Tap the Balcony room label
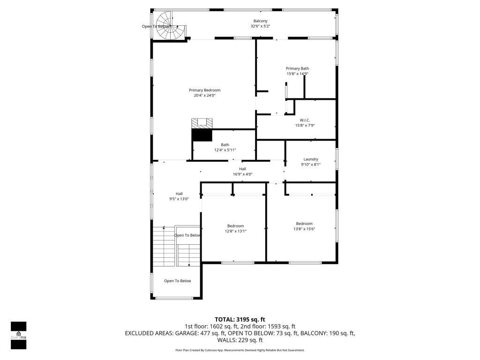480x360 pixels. coord(260,21)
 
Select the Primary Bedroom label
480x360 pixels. coord(204,90)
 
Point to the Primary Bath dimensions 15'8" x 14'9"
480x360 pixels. coord(298,74)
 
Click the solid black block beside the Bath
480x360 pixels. coord(202,135)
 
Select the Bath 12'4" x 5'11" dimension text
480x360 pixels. coord(225,150)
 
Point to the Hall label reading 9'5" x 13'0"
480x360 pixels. coord(179,199)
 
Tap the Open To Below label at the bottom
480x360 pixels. coord(177,281)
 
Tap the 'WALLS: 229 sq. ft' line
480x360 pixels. coord(240,340)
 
